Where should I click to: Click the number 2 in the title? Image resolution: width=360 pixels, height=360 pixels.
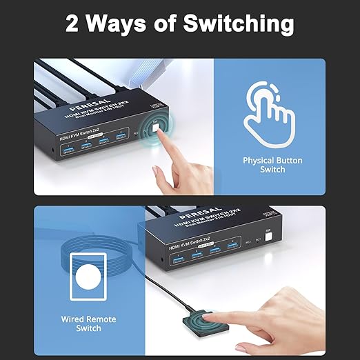(74, 23)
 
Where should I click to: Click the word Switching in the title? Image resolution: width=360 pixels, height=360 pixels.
(238, 23)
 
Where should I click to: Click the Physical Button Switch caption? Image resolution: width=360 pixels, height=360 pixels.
(272, 165)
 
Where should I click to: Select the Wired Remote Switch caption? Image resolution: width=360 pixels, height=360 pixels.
(88, 323)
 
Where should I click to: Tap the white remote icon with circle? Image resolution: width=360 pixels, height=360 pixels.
(88, 278)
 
